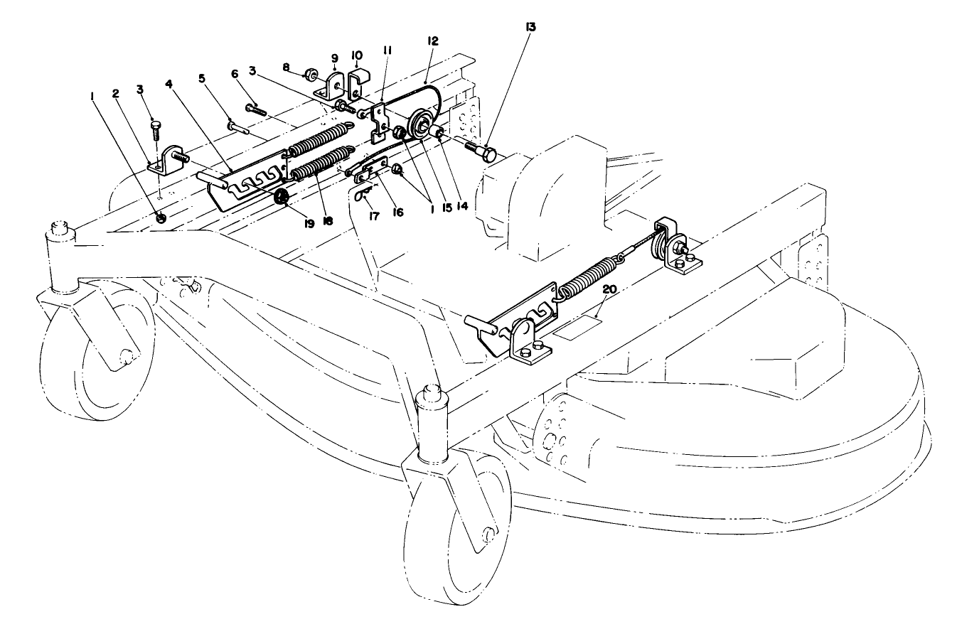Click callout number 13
pos(530,28)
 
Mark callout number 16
pos(398,212)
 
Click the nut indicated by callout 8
pos(311,73)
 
